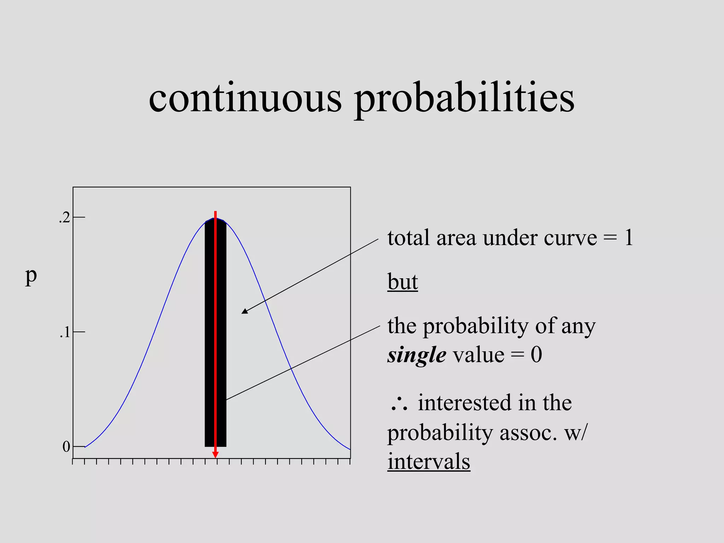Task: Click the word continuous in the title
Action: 245,98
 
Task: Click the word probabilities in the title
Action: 464,99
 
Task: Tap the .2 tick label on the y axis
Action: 65,218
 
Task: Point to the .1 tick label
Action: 65,333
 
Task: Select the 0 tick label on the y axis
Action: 66,447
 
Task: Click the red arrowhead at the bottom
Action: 215,454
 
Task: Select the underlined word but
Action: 402,282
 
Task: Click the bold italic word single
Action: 416,355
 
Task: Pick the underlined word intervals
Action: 428,461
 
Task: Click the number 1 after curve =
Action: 628,238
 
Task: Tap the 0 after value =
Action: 536,355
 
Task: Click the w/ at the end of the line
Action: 575,433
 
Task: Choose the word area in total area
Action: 456,238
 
